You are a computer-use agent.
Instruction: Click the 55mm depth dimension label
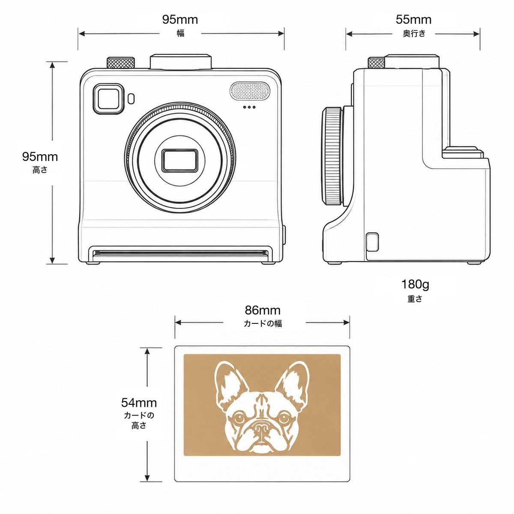413,19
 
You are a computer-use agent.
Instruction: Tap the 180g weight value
415,285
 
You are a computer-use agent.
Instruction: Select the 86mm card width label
263,310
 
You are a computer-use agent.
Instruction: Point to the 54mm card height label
139,403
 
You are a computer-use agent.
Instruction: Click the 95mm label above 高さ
40,157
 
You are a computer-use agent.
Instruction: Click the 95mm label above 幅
180,19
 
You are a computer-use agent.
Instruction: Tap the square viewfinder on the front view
108,99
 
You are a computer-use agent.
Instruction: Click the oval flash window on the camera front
250,91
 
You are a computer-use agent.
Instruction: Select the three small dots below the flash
249,107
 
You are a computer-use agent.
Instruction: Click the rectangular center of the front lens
180,161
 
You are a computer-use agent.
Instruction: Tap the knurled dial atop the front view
120,63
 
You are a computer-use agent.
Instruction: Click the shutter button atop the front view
181,62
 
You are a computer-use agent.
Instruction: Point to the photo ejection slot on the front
180,253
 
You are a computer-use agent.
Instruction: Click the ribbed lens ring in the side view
332,156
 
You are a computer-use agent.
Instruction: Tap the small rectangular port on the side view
372,242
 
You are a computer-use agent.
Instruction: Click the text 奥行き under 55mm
414,33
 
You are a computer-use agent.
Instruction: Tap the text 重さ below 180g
415,299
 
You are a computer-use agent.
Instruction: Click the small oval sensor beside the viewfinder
131,99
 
